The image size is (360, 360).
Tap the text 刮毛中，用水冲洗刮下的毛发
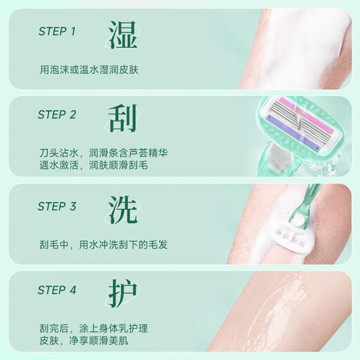103,244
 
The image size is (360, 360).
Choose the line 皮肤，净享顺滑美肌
84,340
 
